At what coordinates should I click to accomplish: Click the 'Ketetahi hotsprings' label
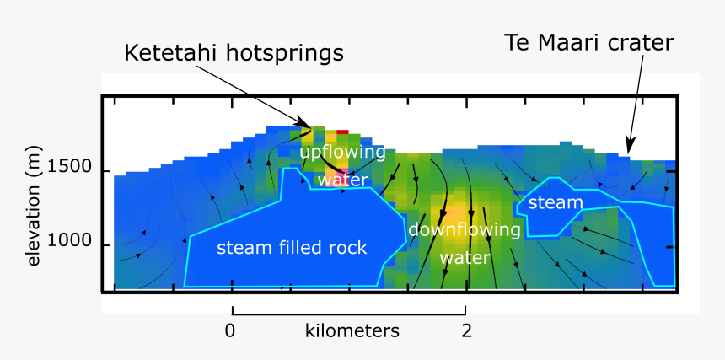(x=234, y=53)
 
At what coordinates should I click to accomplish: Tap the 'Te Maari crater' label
(x=588, y=42)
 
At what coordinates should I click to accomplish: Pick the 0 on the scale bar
(x=230, y=330)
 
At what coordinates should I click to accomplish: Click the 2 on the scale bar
(x=466, y=330)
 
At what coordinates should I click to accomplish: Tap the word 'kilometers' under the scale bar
(x=352, y=330)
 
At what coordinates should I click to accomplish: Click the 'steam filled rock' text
(x=292, y=248)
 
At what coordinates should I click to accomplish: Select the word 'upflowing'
(x=342, y=153)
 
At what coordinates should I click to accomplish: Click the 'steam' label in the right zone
(x=556, y=202)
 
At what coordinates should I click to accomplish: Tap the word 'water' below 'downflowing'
(x=465, y=257)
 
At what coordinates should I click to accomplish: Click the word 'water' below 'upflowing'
(x=343, y=180)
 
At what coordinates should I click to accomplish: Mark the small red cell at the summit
(x=342, y=132)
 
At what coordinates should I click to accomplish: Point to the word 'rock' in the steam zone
(x=349, y=248)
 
